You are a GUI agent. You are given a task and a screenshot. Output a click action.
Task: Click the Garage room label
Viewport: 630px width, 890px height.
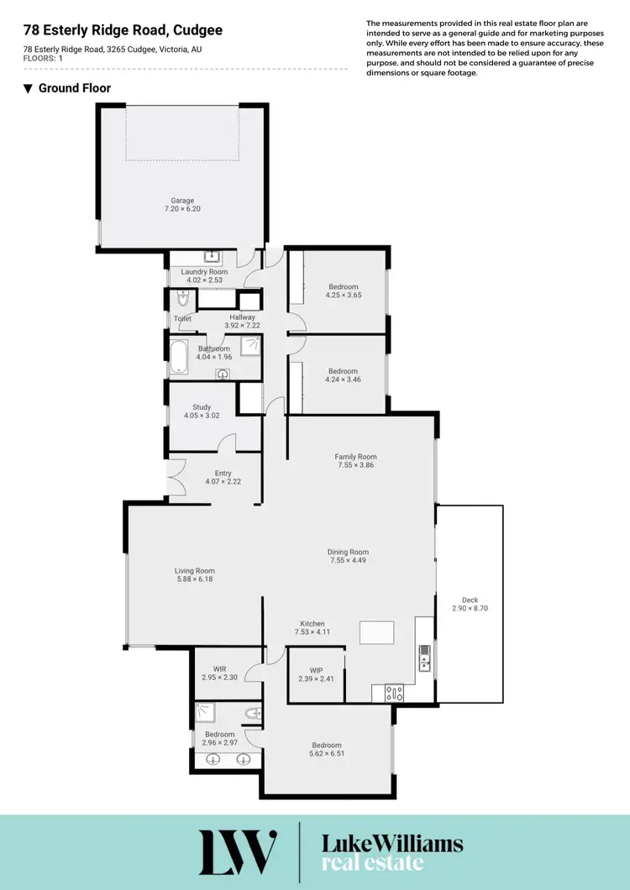182,201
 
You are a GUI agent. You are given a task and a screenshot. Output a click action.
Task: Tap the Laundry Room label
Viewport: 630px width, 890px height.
204,272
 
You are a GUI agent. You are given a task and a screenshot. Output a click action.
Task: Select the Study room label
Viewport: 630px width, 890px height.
201,407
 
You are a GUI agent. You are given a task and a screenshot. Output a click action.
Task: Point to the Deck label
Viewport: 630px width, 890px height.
470,600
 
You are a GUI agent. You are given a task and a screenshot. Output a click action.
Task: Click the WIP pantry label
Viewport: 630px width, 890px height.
316,671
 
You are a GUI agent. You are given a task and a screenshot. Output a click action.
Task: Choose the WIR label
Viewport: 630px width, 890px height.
220,669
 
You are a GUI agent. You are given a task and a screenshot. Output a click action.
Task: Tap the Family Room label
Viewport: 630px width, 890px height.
355,457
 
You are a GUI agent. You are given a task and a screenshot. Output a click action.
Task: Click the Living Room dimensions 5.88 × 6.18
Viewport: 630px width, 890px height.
195,579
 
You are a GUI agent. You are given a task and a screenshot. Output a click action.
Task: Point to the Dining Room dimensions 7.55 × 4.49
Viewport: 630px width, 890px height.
348,560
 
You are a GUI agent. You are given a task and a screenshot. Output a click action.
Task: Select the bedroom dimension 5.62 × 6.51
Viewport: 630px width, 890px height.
327,754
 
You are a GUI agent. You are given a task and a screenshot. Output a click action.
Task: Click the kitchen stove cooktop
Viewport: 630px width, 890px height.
393,694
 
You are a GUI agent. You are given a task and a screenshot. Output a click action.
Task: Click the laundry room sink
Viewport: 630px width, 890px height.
209,257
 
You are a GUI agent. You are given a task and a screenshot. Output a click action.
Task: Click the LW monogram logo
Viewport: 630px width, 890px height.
238,851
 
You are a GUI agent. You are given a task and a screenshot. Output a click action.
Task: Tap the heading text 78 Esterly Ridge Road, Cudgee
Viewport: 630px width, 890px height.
123,30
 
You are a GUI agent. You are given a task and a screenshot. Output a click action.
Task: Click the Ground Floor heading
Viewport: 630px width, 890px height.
74,88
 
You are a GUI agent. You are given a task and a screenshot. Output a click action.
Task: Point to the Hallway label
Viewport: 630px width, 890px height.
240,317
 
